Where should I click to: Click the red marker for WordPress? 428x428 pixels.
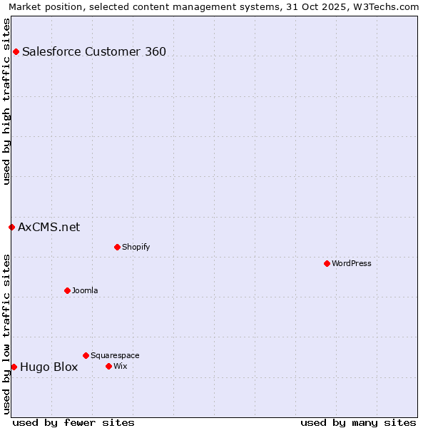click(327, 263)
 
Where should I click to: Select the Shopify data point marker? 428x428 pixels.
click(117, 247)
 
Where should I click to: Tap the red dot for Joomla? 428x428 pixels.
click(67, 290)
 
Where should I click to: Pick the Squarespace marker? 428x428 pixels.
click(86, 355)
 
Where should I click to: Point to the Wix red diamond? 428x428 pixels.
click(108, 366)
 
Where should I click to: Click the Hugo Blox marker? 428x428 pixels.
click(14, 367)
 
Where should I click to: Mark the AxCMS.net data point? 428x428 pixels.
click(11, 227)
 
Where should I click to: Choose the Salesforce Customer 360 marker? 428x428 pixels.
click(16, 51)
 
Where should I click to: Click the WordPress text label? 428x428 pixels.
click(352, 263)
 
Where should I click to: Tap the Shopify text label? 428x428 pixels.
click(136, 247)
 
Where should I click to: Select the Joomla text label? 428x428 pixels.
click(85, 290)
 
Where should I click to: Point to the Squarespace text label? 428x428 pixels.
click(115, 355)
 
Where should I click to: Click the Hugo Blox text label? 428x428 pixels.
click(49, 367)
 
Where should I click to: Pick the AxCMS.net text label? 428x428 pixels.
click(49, 228)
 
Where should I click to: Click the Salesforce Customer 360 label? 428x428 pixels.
click(94, 51)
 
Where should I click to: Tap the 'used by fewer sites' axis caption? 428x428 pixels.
click(73, 422)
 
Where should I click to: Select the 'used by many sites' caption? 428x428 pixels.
click(358, 422)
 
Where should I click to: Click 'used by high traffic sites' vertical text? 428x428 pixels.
click(6, 101)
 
